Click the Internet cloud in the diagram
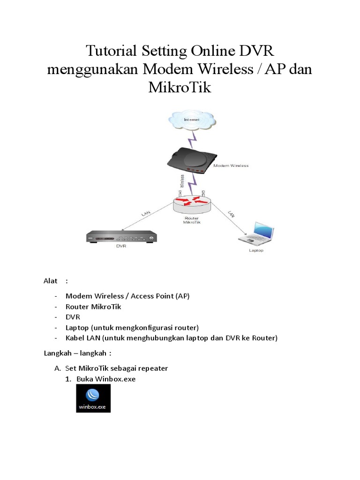[191, 120]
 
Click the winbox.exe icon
[93, 398]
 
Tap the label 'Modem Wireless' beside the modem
[231, 165]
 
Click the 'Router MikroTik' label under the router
[191, 220]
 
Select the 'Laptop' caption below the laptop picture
[256, 250]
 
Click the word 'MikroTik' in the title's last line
[180, 87]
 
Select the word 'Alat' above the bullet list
[50, 281]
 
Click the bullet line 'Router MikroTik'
[93, 306]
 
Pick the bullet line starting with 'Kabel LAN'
[172, 338]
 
